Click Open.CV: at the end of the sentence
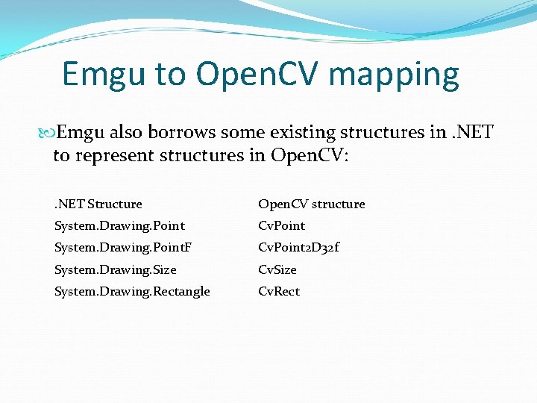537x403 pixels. click(309, 156)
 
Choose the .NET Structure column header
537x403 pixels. click(98, 204)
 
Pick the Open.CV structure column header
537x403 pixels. click(311, 204)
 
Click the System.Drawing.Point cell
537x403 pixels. click(119, 225)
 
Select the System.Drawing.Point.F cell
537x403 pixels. click(123, 247)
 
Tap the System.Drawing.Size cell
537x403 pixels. click(115, 269)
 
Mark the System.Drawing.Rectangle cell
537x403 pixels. click(132, 291)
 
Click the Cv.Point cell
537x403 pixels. click(281, 225)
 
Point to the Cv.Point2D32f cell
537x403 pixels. click(298, 247)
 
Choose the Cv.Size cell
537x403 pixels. click(277, 269)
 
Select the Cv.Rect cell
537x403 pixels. click(278, 291)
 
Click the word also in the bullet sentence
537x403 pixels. click(126, 133)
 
